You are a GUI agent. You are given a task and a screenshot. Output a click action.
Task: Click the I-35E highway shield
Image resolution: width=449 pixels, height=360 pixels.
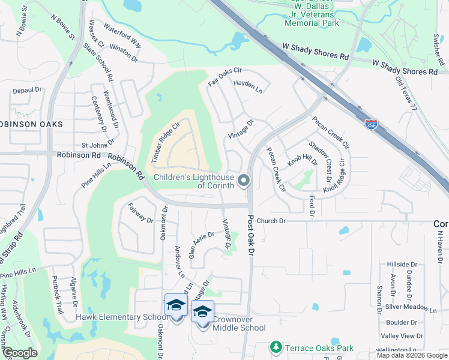tap(373, 124)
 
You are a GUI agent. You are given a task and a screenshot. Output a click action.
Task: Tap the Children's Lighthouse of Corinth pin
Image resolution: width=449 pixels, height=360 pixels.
tap(244, 180)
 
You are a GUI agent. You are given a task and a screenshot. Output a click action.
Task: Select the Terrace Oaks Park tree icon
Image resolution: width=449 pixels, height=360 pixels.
tap(276, 347)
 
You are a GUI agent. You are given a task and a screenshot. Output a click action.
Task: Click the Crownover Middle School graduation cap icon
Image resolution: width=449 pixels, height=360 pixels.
tap(202, 311)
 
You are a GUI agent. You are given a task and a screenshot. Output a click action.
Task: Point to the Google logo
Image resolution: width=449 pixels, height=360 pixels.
tap(19, 353)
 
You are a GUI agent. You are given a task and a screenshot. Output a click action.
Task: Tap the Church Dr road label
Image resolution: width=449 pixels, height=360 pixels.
tap(271, 221)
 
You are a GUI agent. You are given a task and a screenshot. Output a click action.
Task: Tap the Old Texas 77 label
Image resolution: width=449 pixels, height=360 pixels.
tap(406, 95)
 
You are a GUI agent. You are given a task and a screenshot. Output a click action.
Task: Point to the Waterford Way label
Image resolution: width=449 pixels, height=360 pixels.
tap(122, 36)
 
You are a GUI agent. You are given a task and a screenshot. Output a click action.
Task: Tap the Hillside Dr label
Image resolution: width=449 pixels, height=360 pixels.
tap(402, 264)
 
